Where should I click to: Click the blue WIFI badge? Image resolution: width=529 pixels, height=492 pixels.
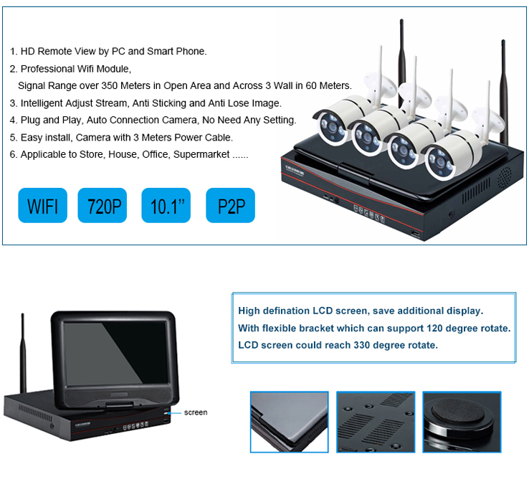coord(42,206)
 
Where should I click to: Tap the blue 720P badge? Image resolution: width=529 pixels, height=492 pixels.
coord(103,206)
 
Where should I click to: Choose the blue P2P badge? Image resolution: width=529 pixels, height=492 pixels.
coord(229,206)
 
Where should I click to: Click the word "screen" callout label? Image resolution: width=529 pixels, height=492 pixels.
coord(196,412)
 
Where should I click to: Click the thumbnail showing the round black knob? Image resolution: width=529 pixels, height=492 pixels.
coord(459,422)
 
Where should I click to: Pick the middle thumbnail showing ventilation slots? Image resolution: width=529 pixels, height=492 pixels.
coord(375,422)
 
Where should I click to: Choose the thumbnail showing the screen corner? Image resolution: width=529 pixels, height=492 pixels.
coord(289,422)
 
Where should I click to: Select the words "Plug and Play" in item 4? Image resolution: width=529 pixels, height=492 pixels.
coord(50,120)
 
